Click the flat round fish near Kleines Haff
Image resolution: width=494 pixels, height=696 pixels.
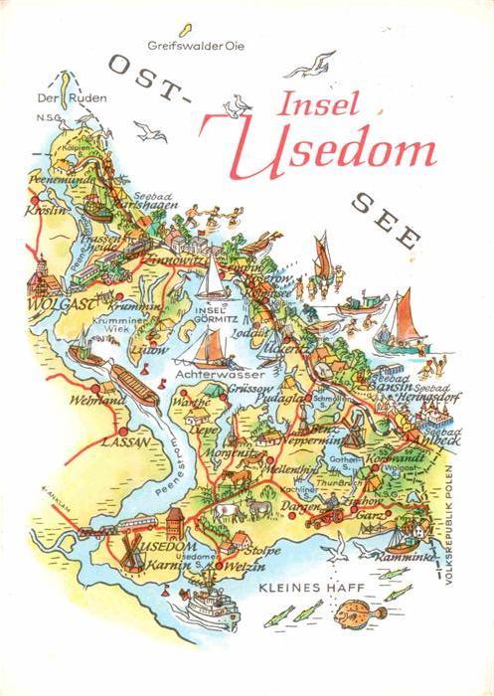360,609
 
